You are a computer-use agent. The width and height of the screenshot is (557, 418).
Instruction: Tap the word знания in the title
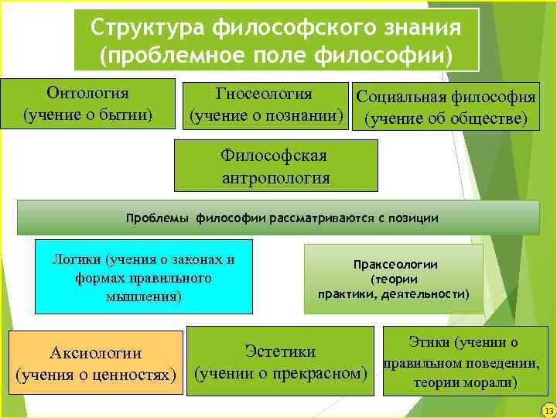point(422,28)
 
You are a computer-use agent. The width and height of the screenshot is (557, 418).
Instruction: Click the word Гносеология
point(264,94)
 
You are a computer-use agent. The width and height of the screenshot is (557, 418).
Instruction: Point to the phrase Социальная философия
point(446,98)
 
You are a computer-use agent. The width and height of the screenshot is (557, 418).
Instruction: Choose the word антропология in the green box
point(275,178)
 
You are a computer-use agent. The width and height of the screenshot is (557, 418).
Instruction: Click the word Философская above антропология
point(275,156)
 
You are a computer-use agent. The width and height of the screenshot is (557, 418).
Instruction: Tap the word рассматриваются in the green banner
point(323,218)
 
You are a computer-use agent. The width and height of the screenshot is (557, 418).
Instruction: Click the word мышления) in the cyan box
point(144,295)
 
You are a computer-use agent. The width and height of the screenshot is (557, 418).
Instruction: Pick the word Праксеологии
point(395,264)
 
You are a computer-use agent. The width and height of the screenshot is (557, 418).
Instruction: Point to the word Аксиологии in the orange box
point(95,353)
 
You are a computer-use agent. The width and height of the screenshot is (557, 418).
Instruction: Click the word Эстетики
point(280,351)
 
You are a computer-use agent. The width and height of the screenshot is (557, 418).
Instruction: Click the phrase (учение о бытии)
point(87,115)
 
